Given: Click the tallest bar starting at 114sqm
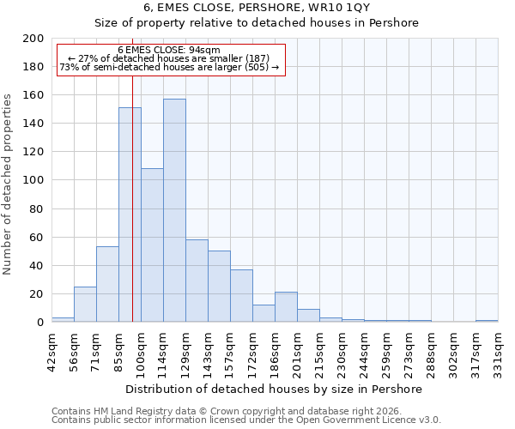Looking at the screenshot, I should coord(174,210).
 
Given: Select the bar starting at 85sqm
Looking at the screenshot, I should coord(130,214).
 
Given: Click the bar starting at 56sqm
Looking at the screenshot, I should coord(85,304).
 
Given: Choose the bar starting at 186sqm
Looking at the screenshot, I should coord(286,307).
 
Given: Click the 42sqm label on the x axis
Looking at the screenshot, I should coord(51,347).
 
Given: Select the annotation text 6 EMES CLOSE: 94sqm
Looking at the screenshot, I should coord(169,51).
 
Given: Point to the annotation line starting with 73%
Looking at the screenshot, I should coord(169,67).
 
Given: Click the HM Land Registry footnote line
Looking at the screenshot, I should coord(245,411).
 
